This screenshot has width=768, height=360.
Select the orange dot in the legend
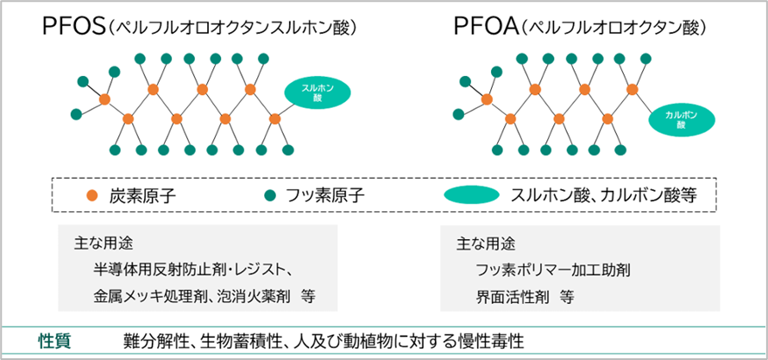91,194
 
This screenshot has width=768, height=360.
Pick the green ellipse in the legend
471,194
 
